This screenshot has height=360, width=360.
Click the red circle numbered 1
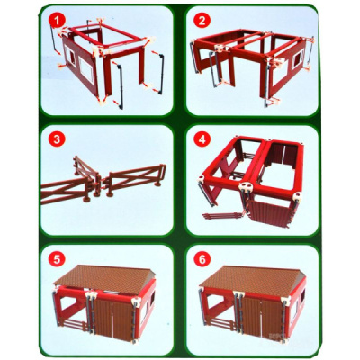57,21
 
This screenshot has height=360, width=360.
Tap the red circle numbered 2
202,21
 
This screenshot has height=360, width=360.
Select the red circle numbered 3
57,139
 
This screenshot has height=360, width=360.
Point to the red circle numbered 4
202,139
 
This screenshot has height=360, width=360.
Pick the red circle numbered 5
57,259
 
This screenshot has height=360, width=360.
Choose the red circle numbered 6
202,259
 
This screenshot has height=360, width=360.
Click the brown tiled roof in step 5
103,278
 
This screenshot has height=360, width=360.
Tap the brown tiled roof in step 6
251,278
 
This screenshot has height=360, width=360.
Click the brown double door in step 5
113,319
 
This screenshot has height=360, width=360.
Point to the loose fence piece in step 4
223,216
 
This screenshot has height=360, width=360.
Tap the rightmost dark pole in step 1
161,74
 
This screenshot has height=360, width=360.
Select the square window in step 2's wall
299,59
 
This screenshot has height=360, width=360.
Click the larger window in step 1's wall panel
86,70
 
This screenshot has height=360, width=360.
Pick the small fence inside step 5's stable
75,325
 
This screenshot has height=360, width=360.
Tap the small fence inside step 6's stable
222,325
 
